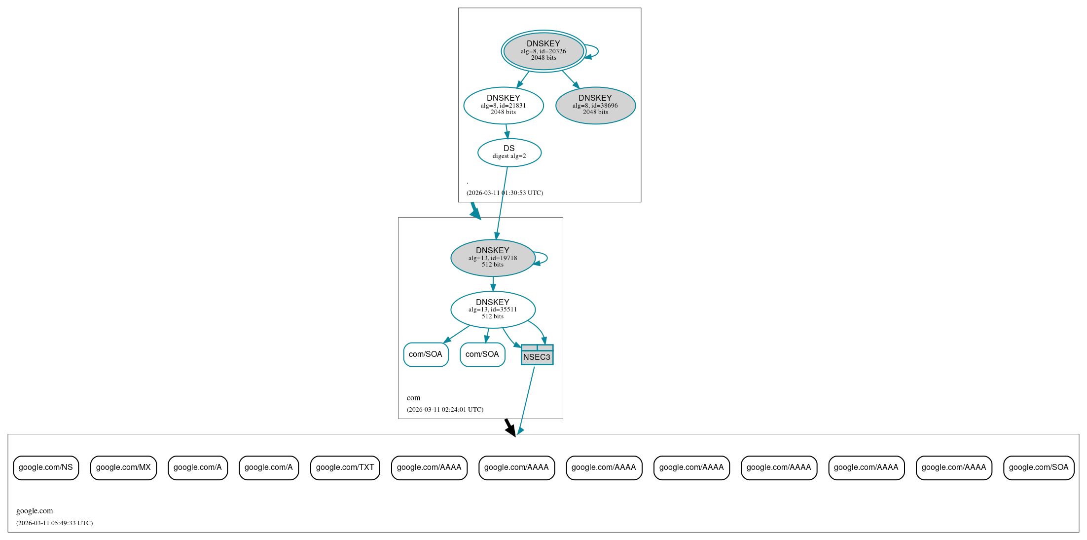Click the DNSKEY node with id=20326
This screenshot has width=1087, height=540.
point(543,51)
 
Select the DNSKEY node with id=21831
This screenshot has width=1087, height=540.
point(503,105)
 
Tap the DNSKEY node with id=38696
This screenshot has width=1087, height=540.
point(595,105)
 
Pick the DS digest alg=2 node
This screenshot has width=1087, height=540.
point(509,153)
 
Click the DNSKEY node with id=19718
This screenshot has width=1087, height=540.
point(493,258)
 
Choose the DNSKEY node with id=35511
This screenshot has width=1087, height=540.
point(493,309)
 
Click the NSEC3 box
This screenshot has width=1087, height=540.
point(537,355)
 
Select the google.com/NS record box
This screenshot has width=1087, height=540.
point(46,467)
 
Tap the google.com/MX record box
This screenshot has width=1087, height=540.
point(123,467)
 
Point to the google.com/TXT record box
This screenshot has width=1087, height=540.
point(345,467)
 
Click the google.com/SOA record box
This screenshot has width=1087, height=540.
point(1038,467)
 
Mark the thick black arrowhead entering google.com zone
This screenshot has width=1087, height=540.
point(511,430)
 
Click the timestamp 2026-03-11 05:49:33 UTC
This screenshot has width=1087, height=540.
point(54,523)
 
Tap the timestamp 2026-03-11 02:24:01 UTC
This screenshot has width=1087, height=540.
point(445,410)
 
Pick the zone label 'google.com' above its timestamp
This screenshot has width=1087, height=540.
point(35,511)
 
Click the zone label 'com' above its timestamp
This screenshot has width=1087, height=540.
point(413,398)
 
